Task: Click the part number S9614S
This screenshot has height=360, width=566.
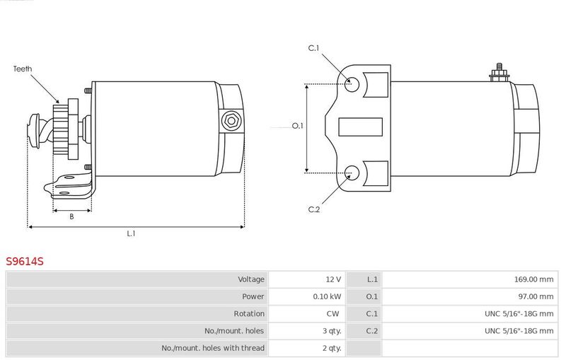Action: click(25, 261)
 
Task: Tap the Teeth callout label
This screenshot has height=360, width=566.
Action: click(23, 69)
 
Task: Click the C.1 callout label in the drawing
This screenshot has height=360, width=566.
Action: click(313, 48)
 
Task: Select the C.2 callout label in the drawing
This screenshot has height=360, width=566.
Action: click(314, 209)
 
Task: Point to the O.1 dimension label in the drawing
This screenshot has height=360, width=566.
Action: click(298, 126)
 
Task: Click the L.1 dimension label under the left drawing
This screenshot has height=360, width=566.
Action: click(131, 233)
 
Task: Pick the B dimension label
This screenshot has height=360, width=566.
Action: click(71, 216)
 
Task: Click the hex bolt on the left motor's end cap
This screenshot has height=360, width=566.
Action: click(231, 120)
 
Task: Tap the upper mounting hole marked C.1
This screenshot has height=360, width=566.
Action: click(352, 84)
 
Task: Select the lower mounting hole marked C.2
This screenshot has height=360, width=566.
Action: click(352, 173)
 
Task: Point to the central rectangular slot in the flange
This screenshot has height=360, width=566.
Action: click(360, 127)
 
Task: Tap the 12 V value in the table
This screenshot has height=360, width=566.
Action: click(333, 279)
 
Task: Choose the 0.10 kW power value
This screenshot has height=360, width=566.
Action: click(327, 296)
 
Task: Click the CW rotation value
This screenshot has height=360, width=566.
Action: click(333, 314)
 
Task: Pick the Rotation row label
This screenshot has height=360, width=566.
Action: click(249, 314)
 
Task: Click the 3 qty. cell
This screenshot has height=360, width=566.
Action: click(332, 331)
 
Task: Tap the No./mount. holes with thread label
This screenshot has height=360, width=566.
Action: click(213, 348)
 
